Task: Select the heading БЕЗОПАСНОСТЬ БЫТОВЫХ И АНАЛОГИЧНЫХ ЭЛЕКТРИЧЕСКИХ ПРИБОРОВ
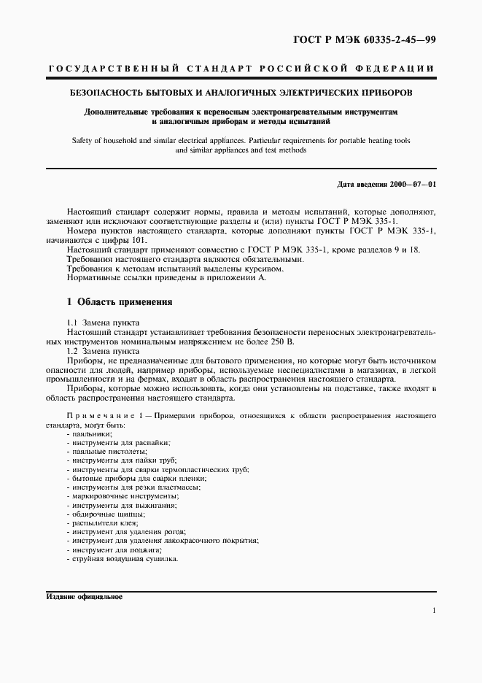click(x=241, y=93)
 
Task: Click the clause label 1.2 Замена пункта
click(x=103, y=351)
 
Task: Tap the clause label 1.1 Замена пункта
click(x=103, y=323)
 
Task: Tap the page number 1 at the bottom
click(x=434, y=611)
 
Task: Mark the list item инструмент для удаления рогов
click(x=128, y=532)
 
